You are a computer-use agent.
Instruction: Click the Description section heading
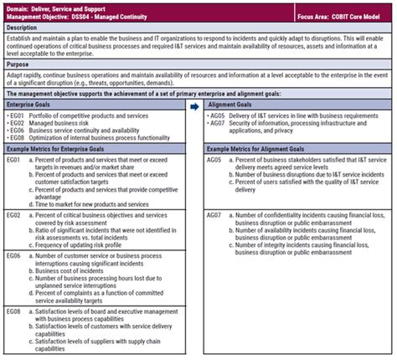click(25, 28)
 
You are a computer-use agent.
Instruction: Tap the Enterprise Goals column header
click(34, 106)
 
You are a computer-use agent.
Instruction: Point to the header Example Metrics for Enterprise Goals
click(67, 147)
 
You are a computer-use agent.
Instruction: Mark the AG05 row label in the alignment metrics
click(215, 159)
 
